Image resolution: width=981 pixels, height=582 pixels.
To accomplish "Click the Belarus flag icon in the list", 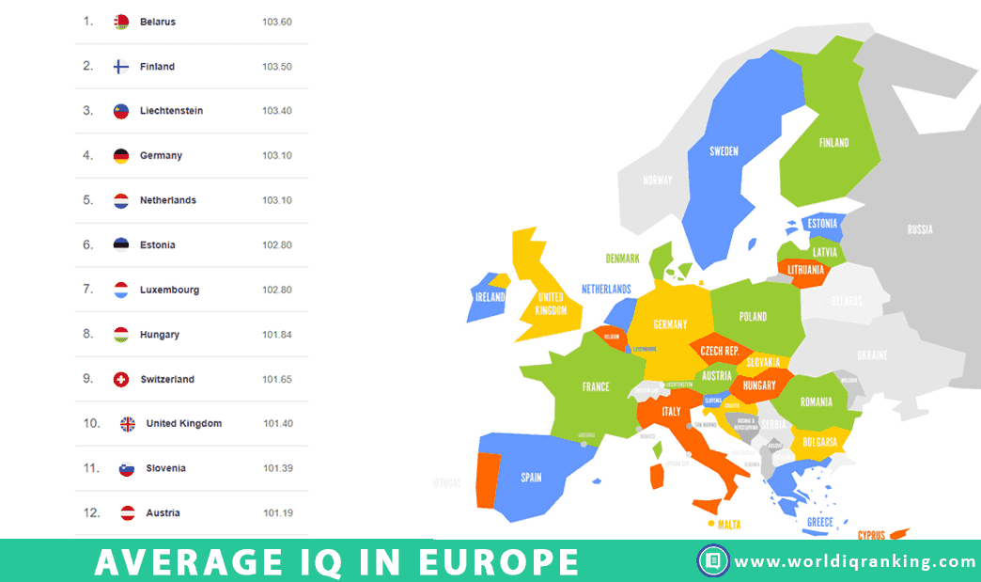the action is coord(121,22).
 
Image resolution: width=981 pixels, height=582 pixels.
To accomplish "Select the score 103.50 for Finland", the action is coord(277,67).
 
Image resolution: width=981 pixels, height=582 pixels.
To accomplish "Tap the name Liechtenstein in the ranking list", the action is coord(171,111).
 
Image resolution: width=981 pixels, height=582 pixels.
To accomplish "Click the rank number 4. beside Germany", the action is coord(88,155).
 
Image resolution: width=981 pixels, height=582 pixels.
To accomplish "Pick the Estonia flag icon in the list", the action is coord(121,244).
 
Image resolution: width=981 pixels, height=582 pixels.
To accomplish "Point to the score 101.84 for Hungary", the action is coord(277,335).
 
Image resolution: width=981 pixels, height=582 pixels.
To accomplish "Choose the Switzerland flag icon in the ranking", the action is coord(121,379).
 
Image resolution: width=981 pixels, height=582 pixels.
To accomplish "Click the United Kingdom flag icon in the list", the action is coord(128,423).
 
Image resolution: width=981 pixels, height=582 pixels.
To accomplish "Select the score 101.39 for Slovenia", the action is coord(278,468).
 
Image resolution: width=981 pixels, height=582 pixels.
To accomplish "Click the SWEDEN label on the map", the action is coord(724,151).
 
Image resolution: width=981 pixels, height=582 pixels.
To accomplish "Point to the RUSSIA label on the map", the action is coord(920,229).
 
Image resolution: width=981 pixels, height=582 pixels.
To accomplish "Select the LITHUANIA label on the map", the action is coord(806,270).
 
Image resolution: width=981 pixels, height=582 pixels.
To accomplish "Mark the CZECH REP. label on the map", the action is coord(720,351).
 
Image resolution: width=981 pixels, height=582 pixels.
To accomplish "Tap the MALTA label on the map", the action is coord(730,525).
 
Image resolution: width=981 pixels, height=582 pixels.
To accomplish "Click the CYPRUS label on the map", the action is coord(871,535).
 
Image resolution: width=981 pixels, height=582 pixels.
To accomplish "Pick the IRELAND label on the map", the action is coord(490,297).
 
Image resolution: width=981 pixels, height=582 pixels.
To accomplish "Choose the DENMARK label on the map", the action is coord(622,259).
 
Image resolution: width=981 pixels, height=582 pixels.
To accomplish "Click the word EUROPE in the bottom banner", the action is coord(498,562).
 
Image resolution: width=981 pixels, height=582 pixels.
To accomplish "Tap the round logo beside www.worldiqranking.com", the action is coord(713,561).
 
